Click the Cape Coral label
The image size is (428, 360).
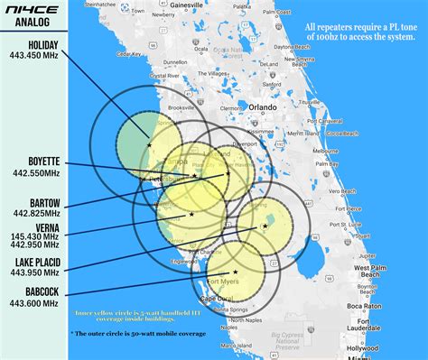point(222,298)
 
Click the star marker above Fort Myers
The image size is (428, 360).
point(235,271)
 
